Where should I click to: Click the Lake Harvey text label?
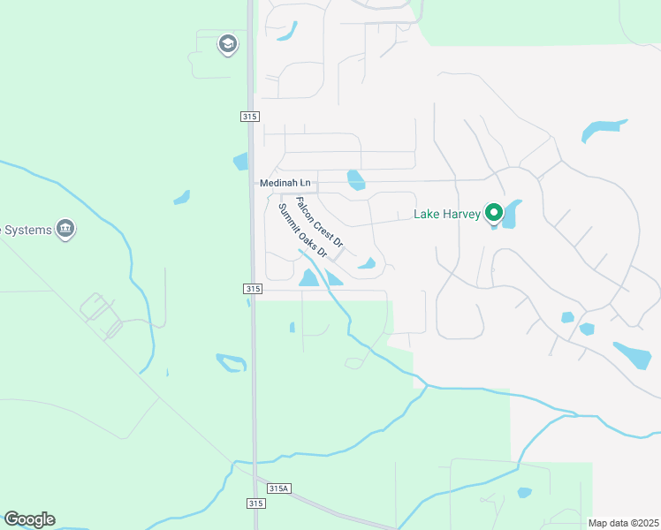(x=447, y=214)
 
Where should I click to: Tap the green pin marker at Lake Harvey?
(x=495, y=213)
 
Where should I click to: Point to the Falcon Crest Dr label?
(x=319, y=222)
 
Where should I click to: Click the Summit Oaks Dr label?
(x=302, y=231)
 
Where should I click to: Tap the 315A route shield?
(x=279, y=488)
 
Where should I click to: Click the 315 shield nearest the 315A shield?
(x=256, y=503)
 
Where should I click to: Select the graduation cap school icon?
(x=228, y=44)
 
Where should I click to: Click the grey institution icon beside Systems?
(x=65, y=230)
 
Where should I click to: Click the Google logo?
(x=29, y=519)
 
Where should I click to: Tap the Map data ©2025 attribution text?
(x=623, y=523)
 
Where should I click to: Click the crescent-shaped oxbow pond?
(x=232, y=362)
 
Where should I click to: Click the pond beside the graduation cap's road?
(x=286, y=32)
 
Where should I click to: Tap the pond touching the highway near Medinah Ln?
(x=240, y=162)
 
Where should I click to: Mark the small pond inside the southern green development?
(x=524, y=492)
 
